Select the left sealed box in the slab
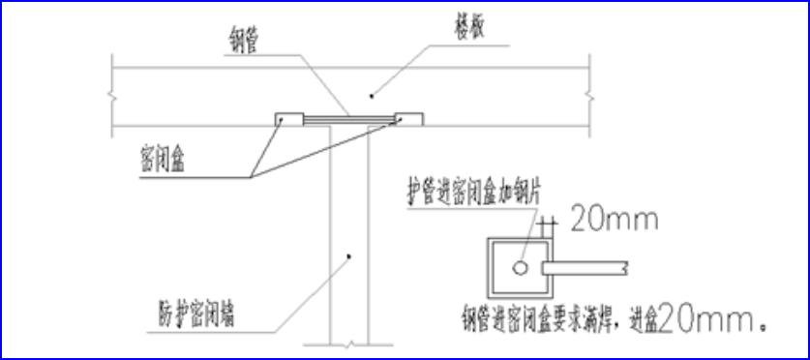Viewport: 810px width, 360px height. (x=288, y=118)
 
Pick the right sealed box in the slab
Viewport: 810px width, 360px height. (x=408, y=118)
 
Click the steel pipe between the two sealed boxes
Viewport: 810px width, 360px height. (x=348, y=120)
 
